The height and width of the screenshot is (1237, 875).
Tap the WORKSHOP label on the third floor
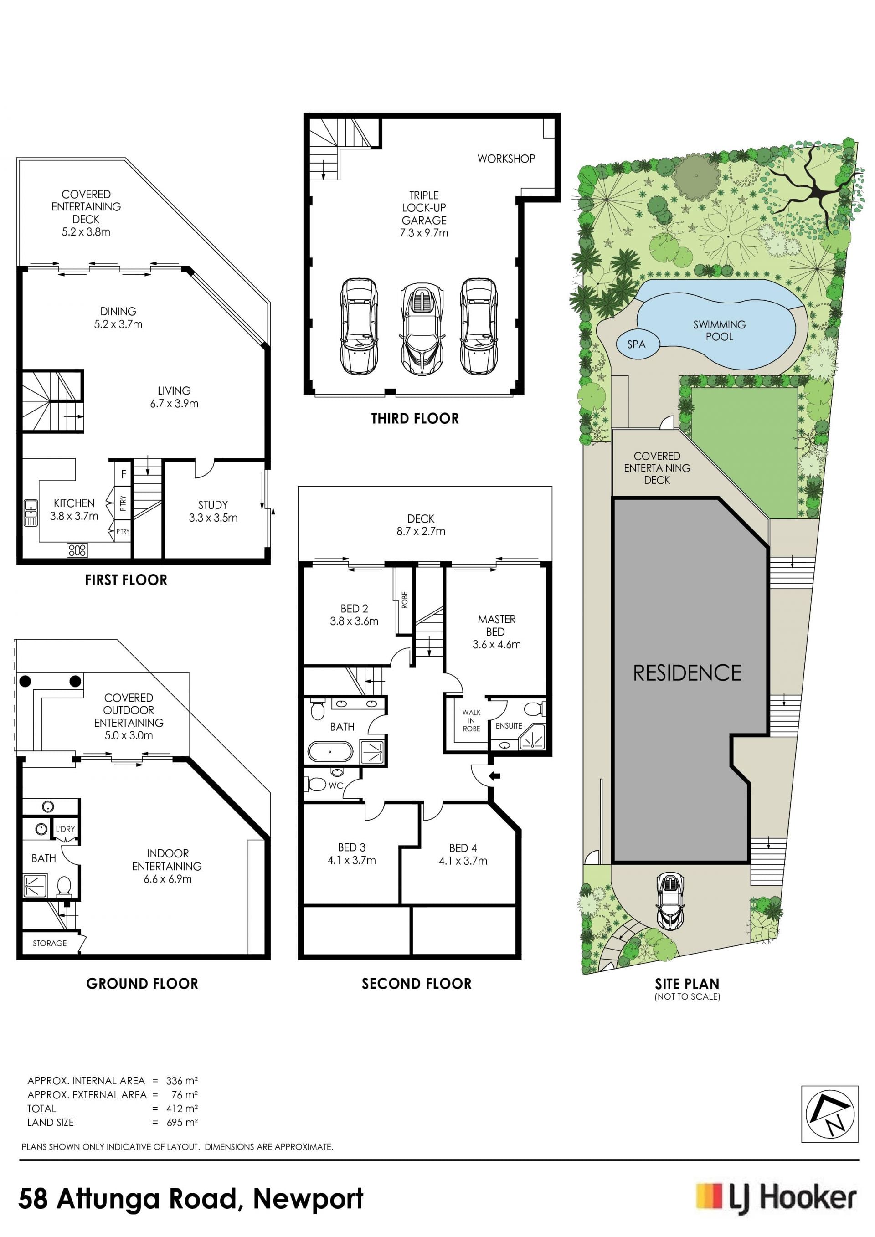coord(506,159)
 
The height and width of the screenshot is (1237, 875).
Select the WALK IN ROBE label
coord(471,720)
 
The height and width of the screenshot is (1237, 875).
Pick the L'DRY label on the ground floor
coord(65,829)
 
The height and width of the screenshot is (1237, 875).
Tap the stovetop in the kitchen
coord(77,550)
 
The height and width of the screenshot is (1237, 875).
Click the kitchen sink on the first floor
coord(31,513)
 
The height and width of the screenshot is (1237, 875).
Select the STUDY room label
coord(213,505)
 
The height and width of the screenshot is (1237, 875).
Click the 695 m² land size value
coord(182,1122)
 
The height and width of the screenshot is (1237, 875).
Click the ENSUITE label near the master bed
coord(509,726)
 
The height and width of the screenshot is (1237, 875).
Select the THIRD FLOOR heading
coord(415,419)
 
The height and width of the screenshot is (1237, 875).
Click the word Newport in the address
coord(308,1199)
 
